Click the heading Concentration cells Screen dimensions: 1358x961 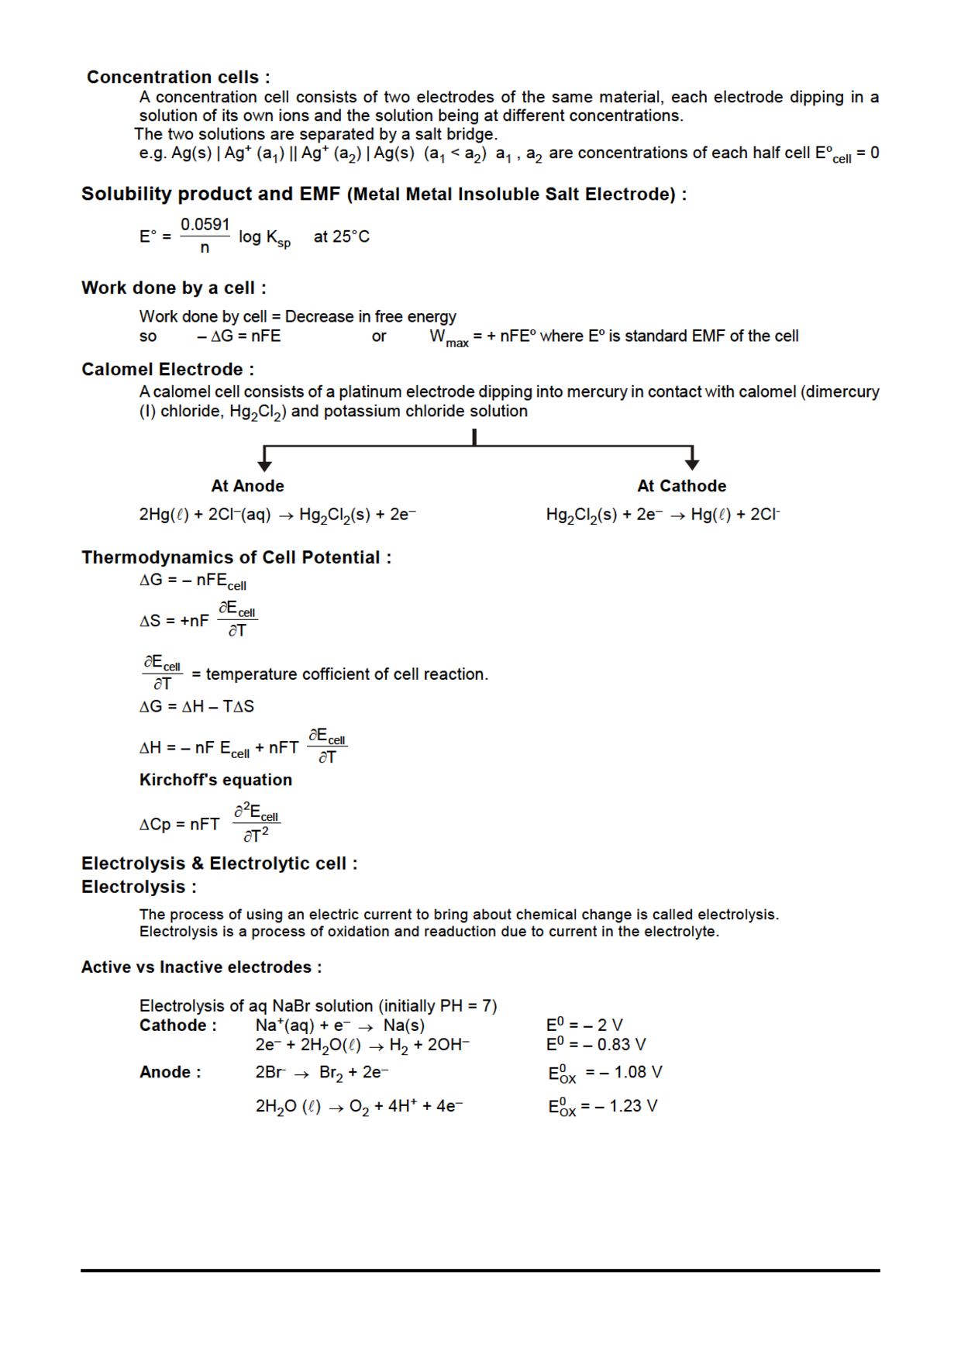pyautogui.click(x=178, y=78)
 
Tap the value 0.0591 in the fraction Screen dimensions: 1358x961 pyautogui.click(x=205, y=225)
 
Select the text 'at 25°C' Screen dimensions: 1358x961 pyautogui.click(x=341, y=237)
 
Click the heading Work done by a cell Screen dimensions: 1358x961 pyautogui.click(x=174, y=288)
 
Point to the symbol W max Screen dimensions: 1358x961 pyautogui.click(x=449, y=338)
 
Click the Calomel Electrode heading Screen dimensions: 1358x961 pyautogui.click(x=167, y=370)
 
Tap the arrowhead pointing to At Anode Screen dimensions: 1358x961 pyautogui.click(x=265, y=465)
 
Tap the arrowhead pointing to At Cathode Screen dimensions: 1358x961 pyautogui.click(x=692, y=464)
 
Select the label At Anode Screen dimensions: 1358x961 pyautogui.click(x=247, y=486)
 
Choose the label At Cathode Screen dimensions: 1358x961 pyautogui.click(x=681, y=486)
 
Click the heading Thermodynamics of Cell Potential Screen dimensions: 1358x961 pyautogui.click(x=236, y=558)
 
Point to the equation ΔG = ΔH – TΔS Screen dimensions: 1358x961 pyautogui.click(x=197, y=707)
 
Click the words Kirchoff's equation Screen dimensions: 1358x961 pyautogui.click(x=215, y=781)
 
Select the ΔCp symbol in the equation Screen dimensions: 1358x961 pyautogui.click(x=155, y=825)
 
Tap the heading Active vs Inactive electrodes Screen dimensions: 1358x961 pyautogui.click(x=201, y=967)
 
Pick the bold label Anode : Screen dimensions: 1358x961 pyautogui.click(x=170, y=1073)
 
